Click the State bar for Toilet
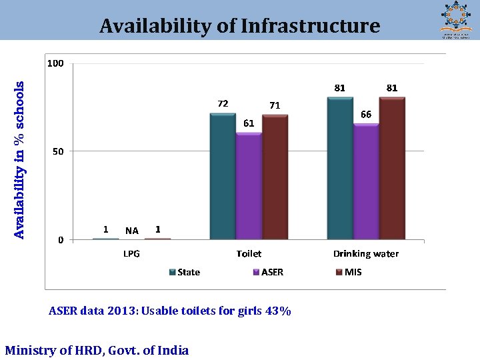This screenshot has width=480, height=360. [x=223, y=177]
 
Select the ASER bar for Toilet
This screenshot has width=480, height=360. [x=249, y=186]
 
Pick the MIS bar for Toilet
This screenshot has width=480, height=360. [x=275, y=177]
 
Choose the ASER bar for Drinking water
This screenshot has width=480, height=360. [x=366, y=181]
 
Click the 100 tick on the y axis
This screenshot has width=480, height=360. [x=55, y=63]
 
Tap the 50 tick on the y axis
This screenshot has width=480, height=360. [x=58, y=151]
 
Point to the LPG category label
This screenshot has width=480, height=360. [x=131, y=254]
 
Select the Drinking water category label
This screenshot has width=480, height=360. [x=366, y=254]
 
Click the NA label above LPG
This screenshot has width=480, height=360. [x=132, y=231]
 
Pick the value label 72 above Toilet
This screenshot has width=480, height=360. [x=223, y=103]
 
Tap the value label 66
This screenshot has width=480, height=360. [x=366, y=115]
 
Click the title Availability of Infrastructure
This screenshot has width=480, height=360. [x=239, y=26]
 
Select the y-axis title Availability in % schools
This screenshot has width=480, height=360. [x=19, y=160]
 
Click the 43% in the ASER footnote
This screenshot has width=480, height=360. [x=280, y=311]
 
